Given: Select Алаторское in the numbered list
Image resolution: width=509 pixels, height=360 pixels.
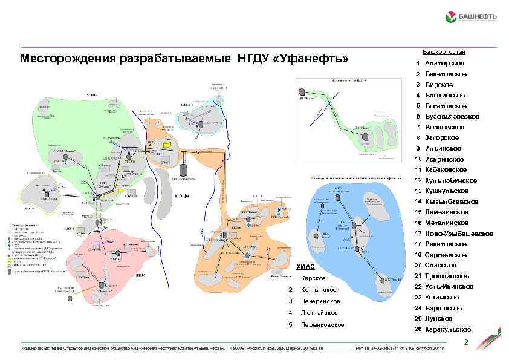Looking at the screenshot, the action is point(444,64).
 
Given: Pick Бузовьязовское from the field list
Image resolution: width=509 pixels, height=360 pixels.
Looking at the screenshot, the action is point(452,116).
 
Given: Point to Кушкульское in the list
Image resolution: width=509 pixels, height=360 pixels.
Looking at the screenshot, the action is point(447,191).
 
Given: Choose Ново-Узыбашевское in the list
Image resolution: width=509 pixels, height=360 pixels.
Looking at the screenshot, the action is point(455,233).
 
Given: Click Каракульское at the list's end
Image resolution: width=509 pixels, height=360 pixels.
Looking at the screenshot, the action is point(448,329).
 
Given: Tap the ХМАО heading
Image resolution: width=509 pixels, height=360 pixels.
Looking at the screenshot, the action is point(306,267).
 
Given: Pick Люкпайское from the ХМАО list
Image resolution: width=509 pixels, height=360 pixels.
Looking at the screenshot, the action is point(318,313).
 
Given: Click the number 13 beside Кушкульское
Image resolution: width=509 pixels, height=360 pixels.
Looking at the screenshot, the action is point(417,191).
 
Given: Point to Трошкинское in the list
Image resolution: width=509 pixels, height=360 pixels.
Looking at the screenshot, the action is point(447,276).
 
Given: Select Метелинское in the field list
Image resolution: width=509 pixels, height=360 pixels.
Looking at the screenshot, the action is point(447,223).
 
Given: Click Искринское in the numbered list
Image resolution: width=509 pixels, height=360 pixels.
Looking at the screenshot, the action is point(445,159).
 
